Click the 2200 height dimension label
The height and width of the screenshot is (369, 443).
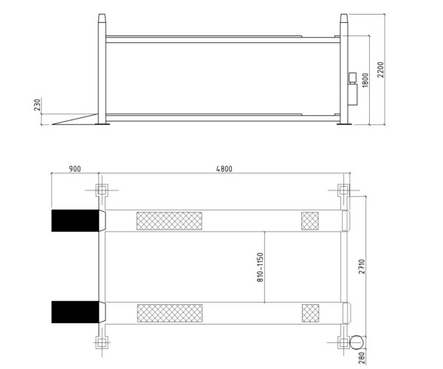(x=381, y=69)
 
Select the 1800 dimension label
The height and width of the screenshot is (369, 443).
(x=365, y=80)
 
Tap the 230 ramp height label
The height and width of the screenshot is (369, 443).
(x=38, y=104)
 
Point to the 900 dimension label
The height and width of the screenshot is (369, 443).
(x=75, y=169)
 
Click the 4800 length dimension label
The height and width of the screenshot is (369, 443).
(x=224, y=169)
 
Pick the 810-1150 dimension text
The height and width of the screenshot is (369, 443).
(x=260, y=267)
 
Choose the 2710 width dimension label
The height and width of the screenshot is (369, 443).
(x=362, y=266)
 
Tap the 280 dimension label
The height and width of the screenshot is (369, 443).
(x=362, y=358)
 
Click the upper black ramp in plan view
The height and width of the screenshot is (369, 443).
(x=75, y=221)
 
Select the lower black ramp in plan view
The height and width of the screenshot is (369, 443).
(x=75, y=312)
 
